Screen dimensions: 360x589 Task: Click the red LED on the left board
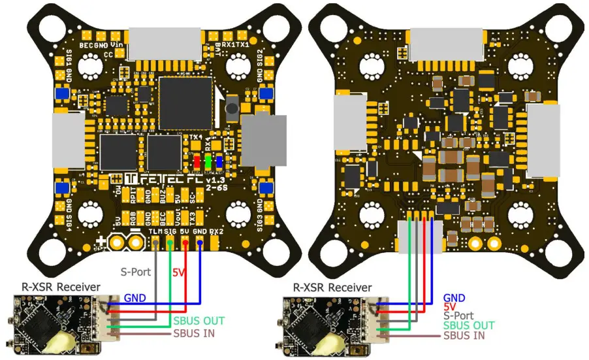click(196, 161)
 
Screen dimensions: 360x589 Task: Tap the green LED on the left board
click(208, 161)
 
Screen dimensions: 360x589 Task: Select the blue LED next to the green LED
click(219, 161)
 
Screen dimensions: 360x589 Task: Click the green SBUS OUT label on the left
click(199, 321)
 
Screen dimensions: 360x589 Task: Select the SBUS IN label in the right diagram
click(464, 335)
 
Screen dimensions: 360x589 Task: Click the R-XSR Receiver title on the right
click(332, 287)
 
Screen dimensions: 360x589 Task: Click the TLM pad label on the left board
click(155, 232)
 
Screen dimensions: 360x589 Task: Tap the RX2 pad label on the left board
click(217, 232)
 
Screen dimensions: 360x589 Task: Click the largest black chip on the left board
click(185, 103)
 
